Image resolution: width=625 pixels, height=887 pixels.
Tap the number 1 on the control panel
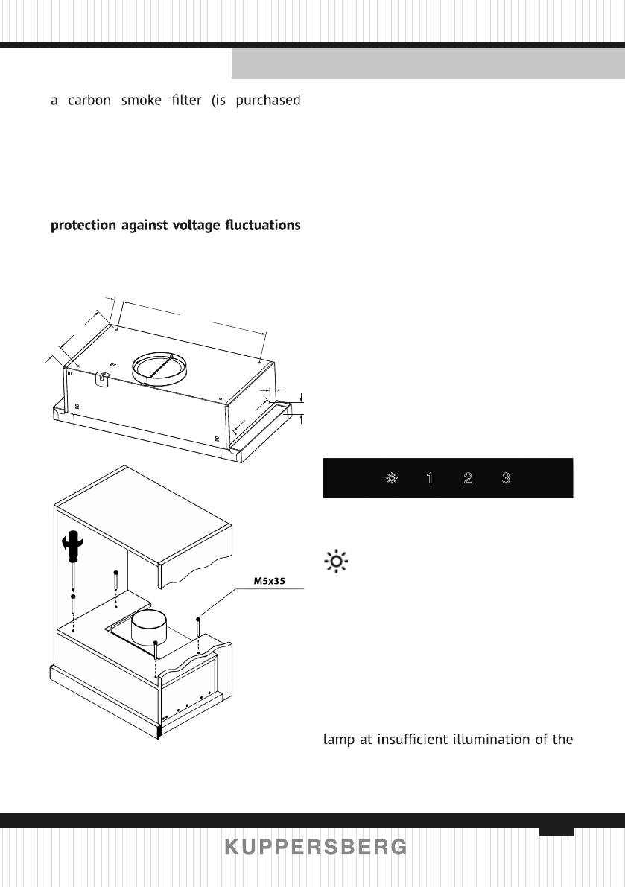(x=429, y=478)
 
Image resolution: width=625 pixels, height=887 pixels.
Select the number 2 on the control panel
(x=467, y=478)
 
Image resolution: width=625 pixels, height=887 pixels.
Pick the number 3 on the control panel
(x=506, y=478)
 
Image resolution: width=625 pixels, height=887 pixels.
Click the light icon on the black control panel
(x=390, y=478)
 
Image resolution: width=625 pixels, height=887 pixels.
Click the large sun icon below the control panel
(x=336, y=562)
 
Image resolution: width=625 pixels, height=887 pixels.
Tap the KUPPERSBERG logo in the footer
(x=316, y=848)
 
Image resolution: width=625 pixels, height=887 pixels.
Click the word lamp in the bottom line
(x=339, y=740)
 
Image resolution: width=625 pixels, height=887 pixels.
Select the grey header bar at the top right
(x=428, y=65)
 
